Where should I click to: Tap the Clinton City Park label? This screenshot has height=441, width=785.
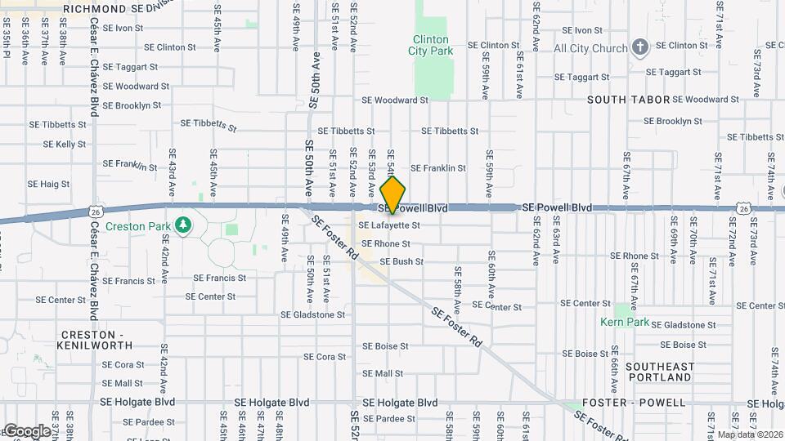[430, 45]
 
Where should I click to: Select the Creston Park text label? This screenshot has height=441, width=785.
[137, 226]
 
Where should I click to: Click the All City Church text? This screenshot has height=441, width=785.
[590, 49]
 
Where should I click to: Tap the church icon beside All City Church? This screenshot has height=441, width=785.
[640, 47]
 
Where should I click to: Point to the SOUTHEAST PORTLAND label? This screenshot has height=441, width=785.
[659, 372]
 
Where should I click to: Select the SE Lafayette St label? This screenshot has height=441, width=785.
[388, 225]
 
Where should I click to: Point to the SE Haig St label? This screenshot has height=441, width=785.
[48, 184]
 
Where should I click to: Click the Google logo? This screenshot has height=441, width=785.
[26, 431]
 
